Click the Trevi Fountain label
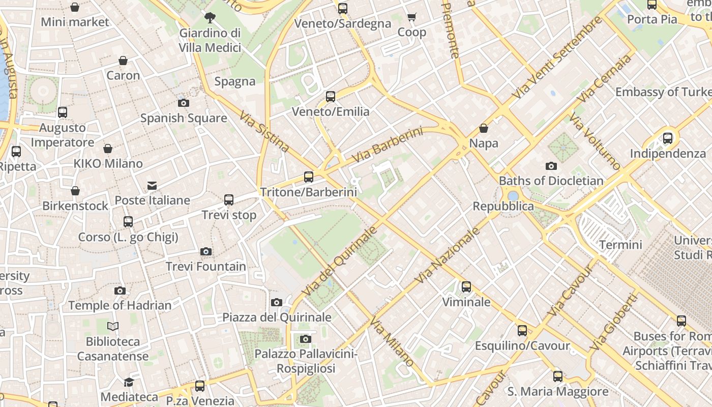click(x=206, y=266)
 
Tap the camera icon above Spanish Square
click(x=184, y=103)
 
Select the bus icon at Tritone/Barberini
click(x=309, y=177)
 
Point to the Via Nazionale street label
click(x=448, y=255)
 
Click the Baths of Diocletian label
click(x=551, y=181)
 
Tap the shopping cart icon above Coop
click(x=412, y=17)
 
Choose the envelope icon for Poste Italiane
click(x=152, y=185)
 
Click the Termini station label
click(x=620, y=245)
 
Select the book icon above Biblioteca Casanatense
click(x=113, y=326)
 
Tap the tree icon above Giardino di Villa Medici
click(x=210, y=18)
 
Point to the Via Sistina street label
click(x=264, y=131)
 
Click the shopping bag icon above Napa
click(x=484, y=128)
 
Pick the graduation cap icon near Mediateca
click(x=129, y=382)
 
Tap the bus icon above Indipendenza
click(x=668, y=138)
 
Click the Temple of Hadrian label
click(x=120, y=305)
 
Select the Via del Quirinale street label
click(x=340, y=261)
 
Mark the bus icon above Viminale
click(x=466, y=287)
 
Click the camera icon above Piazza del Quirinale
click(x=277, y=302)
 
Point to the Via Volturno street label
click(x=595, y=141)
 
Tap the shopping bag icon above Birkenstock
click(x=75, y=191)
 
